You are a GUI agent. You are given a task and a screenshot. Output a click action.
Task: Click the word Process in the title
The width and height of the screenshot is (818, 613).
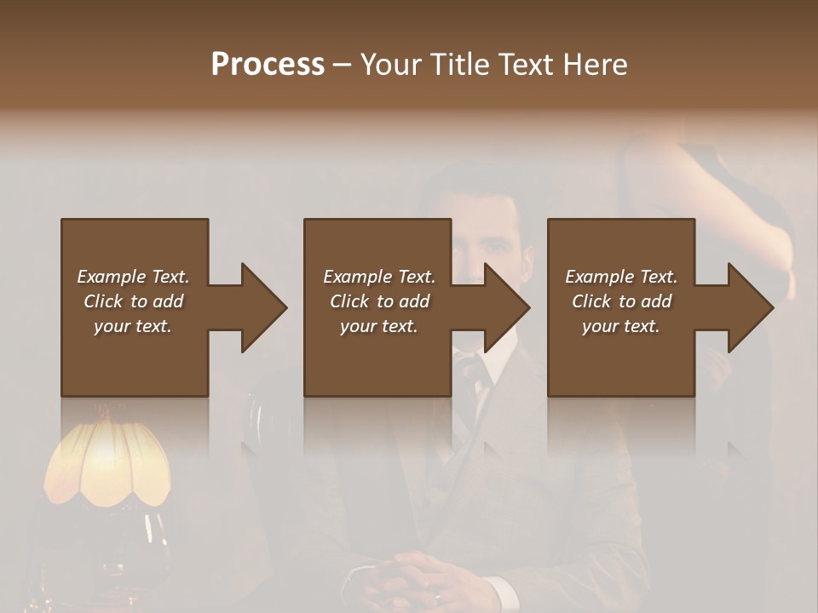pos(268,65)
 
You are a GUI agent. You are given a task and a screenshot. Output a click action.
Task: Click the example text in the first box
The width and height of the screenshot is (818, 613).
pos(133,301)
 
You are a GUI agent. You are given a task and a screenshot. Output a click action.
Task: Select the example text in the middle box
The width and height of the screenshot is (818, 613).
pos(379,301)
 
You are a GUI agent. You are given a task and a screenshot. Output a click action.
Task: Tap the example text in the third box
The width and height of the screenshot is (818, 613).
pos(621,301)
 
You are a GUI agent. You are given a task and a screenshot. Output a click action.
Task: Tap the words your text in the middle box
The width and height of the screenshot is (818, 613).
pos(379,326)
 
